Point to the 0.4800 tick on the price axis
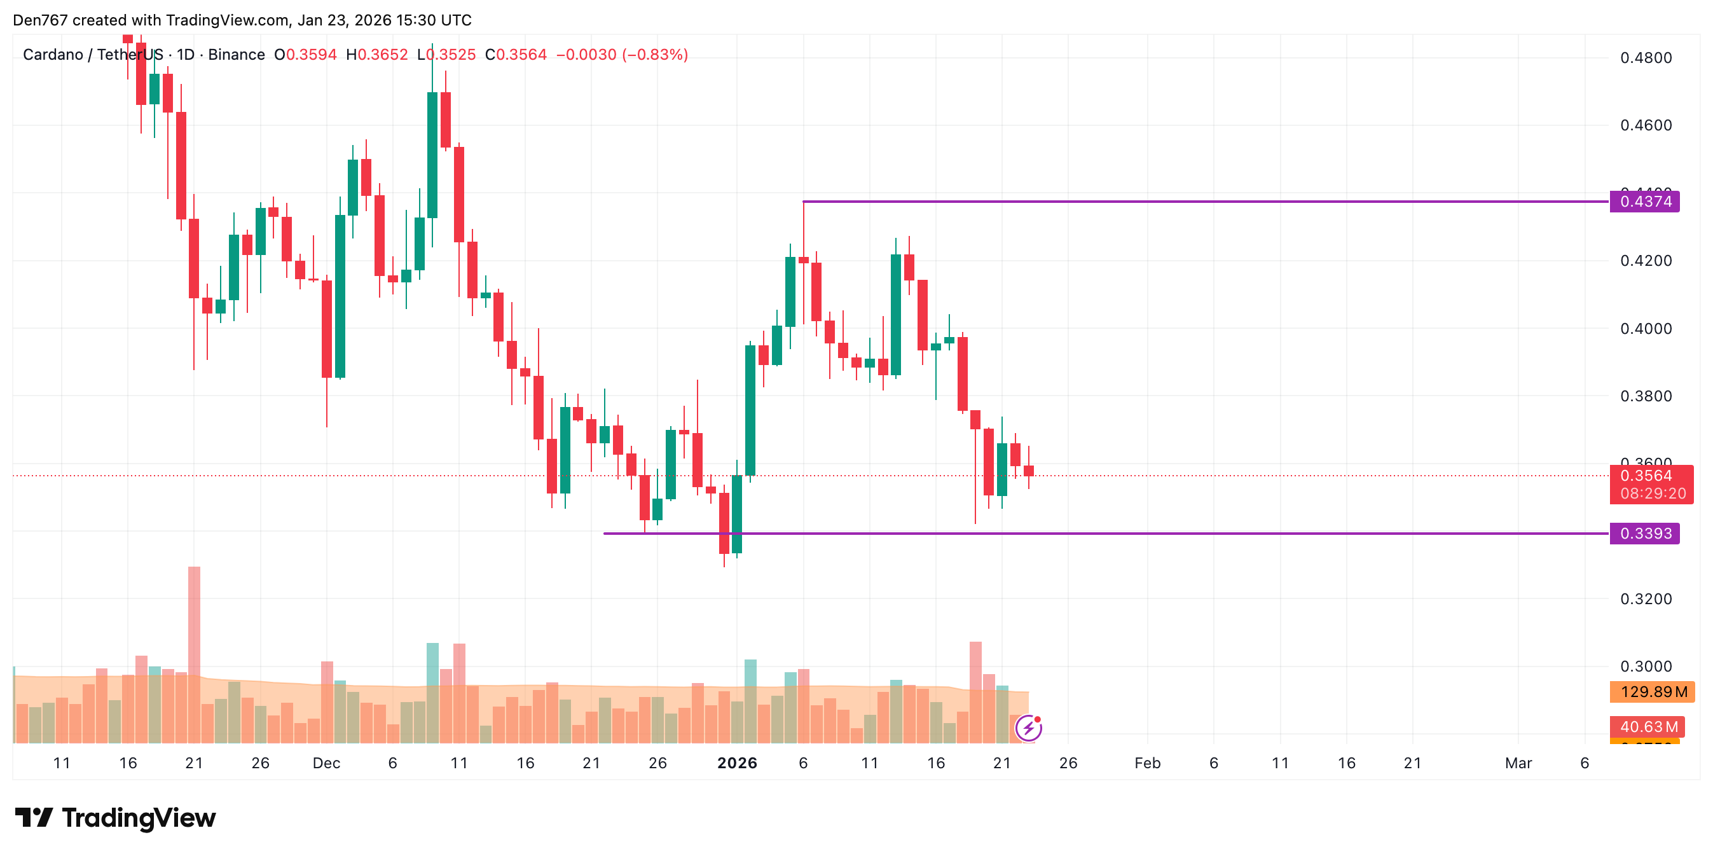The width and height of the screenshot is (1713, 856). point(1645,58)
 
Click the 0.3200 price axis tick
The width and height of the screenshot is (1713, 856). point(1645,598)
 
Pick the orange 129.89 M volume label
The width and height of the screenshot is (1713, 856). point(1653,692)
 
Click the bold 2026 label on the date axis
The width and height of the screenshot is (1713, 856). point(737,763)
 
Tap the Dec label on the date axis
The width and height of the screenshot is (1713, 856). point(326,763)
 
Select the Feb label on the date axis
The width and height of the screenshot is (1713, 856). point(1147,763)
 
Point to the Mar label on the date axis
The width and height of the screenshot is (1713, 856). point(1518,763)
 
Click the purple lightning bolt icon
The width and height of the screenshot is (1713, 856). point(1028,728)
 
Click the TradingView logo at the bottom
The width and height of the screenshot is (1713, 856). point(115,817)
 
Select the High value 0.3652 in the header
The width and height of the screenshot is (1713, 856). point(382,55)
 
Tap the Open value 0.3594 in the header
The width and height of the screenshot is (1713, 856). point(311,55)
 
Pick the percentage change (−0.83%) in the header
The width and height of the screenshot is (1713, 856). point(655,55)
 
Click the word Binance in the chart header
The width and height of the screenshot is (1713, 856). point(236,55)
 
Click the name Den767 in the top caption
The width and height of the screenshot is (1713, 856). point(40,20)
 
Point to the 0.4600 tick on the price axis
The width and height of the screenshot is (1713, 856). point(1645,125)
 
